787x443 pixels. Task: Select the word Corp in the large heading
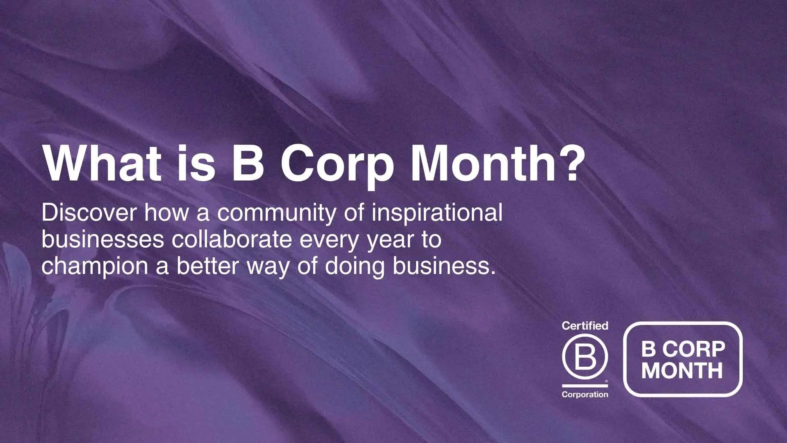(x=337, y=166)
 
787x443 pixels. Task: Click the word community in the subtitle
(x=277, y=214)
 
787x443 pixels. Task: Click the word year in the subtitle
(x=390, y=242)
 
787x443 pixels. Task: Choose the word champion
(x=95, y=267)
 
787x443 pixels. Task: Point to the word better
(x=207, y=266)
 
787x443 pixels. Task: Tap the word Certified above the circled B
(x=585, y=326)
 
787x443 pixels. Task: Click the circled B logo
(x=585, y=356)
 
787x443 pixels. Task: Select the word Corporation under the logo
(x=585, y=395)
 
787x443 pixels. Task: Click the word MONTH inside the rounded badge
(x=682, y=370)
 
